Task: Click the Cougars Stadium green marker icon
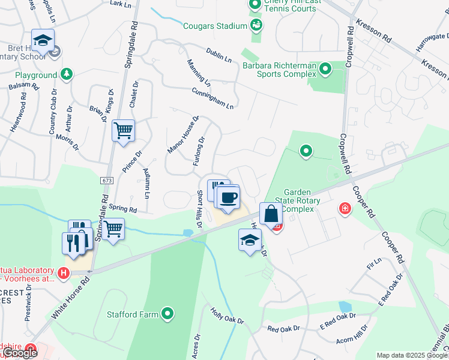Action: (x=256, y=25)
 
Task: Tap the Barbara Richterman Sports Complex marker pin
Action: (x=325, y=69)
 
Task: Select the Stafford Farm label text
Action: (x=133, y=314)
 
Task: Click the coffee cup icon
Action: (x=228, y=197)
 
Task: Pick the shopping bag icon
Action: (x=271, y=214)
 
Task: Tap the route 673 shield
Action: (x=107, y=180)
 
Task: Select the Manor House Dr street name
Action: (x=183, y=134)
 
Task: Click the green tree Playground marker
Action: (x=67, y=75)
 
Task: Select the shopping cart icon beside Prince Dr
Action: (x=123, y=130)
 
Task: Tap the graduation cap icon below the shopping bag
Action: (x=250, y=241)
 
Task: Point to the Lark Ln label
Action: (x=121, y=4)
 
